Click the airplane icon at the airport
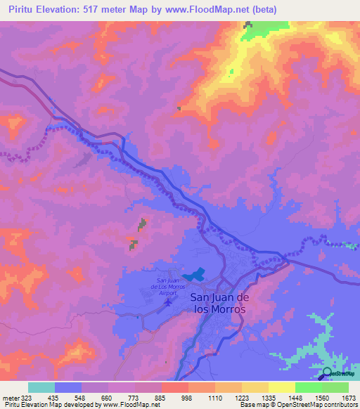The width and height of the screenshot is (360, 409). (x=167, y=304)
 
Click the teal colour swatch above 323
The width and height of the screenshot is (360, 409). (x=41, y=387)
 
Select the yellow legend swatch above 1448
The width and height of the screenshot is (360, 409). (x=282, y=387)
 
